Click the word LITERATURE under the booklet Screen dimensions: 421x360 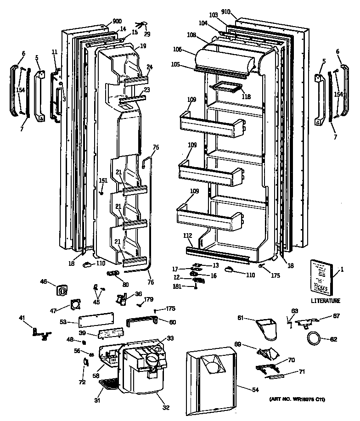[325, 301]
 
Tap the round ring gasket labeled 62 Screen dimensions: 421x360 [314, 340]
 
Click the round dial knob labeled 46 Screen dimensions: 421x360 [62, 290]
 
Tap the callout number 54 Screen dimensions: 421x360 [255, 389]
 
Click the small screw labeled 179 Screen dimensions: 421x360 [140, 304]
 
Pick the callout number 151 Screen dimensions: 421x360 [103, 180]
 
